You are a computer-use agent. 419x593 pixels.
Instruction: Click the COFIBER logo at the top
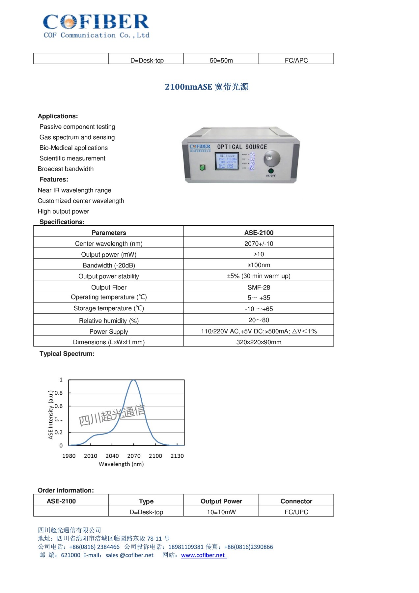pos(96,26)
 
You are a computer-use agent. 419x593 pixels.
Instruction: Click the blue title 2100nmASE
pos(207,87)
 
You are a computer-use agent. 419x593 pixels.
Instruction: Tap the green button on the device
pos(203,167)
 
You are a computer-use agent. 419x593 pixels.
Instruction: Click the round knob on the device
pos(272,159)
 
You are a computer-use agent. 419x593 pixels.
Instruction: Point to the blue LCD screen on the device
pos(227,161)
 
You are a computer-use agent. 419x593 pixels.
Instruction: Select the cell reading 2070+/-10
pos(259,243)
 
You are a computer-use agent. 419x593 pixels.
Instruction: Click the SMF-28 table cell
pos(259,287)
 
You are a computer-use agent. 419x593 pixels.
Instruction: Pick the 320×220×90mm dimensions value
pos(259,342)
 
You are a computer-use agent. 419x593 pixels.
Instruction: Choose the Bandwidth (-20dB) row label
pos(109,265)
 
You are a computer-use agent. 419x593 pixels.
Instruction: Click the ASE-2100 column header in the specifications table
pos(259,233)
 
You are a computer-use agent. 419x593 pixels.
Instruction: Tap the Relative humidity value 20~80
pos(259,320)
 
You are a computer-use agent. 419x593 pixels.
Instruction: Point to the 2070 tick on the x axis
pos(134,456)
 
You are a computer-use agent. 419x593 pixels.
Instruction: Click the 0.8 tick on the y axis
pos(59,393)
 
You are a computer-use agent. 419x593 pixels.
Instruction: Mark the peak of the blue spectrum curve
pos(133,381)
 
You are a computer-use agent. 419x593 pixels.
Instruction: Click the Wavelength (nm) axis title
pos(121,464)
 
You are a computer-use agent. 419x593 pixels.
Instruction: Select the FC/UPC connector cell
pos(296,512)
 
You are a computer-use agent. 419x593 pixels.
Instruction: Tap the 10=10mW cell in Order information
pos(221,512)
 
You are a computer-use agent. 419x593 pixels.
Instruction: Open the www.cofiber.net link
pos(203,555)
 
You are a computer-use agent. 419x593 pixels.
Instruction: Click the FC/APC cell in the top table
pos(296,60)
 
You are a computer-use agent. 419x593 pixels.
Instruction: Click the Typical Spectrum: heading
pos(67,354)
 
